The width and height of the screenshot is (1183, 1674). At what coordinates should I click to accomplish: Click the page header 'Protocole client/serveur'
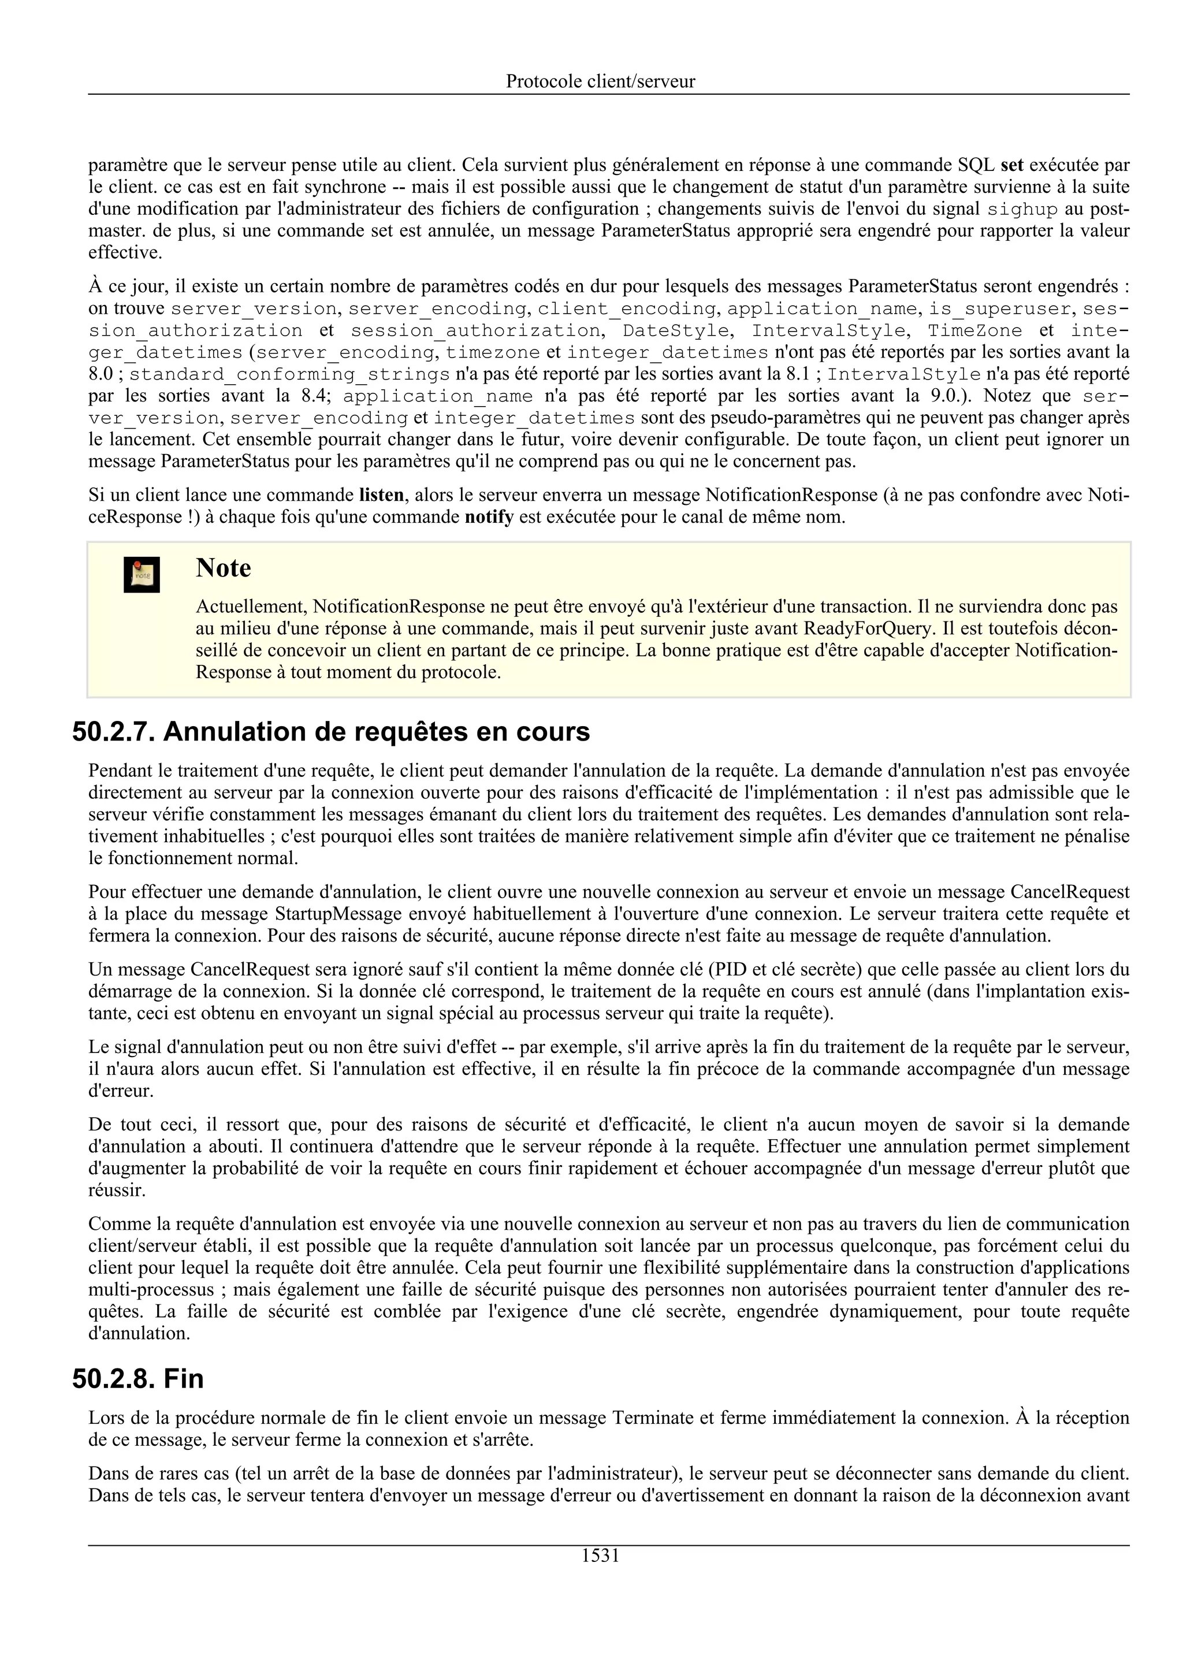point(600,81)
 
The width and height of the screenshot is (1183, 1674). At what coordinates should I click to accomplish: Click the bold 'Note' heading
point(223,568)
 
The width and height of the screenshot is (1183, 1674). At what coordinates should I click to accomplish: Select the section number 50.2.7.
point(113,732)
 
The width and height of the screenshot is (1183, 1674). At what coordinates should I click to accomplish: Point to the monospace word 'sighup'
point(1022,209)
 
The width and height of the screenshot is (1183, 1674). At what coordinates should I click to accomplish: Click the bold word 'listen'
point(381,496)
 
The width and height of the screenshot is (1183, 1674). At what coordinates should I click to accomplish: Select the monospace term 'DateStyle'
point(675,330)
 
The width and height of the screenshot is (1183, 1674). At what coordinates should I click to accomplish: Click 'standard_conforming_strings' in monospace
point(289,374)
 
